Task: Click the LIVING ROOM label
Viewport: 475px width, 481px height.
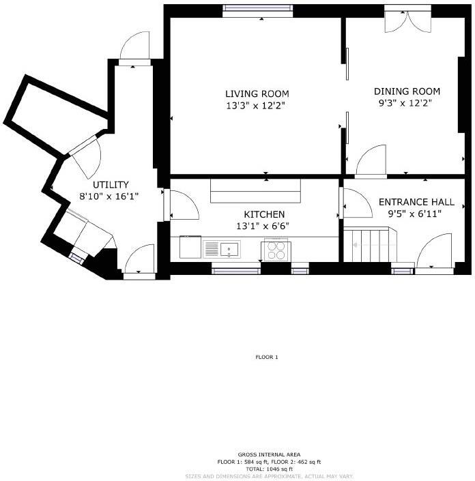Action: click(x=257, y=93)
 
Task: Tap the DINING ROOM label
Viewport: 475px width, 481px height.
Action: click(x=407, y=91)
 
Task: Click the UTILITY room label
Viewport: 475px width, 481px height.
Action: click(x=111, y=185)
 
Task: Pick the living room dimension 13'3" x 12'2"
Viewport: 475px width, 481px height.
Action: click(x=257, y=106)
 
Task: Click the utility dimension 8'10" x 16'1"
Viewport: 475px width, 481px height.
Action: click(x=111, y=196)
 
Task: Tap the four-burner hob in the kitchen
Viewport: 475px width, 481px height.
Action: click(x=276, y=250)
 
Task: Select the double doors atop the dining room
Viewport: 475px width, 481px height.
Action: click(x=407, y=19)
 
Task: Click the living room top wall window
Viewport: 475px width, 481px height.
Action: click(x=258, y=10)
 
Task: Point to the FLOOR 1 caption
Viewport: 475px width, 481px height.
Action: click(x=266, y=357)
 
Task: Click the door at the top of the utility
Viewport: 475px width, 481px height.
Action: click(x=134, y=49)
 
